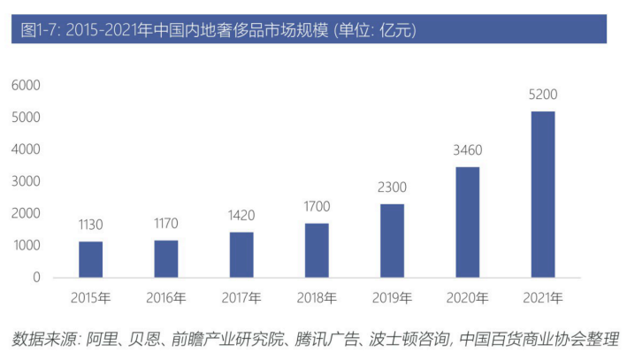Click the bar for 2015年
[91, 259]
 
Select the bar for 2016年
[166, 258]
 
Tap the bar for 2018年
[317, 250]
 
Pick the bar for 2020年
[468, 222]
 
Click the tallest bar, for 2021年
[543, 194]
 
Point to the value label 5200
[543, 95]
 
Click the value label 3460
[468, 150]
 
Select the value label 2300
[393, 188]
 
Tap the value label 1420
[241, 215]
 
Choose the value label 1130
[91, 225]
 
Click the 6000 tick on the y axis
[26, 85]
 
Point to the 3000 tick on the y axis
[26, 181]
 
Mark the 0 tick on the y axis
[36, 278]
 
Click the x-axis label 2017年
[241, 297]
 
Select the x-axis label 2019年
[393, 297]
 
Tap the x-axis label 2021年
[543, 297]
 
